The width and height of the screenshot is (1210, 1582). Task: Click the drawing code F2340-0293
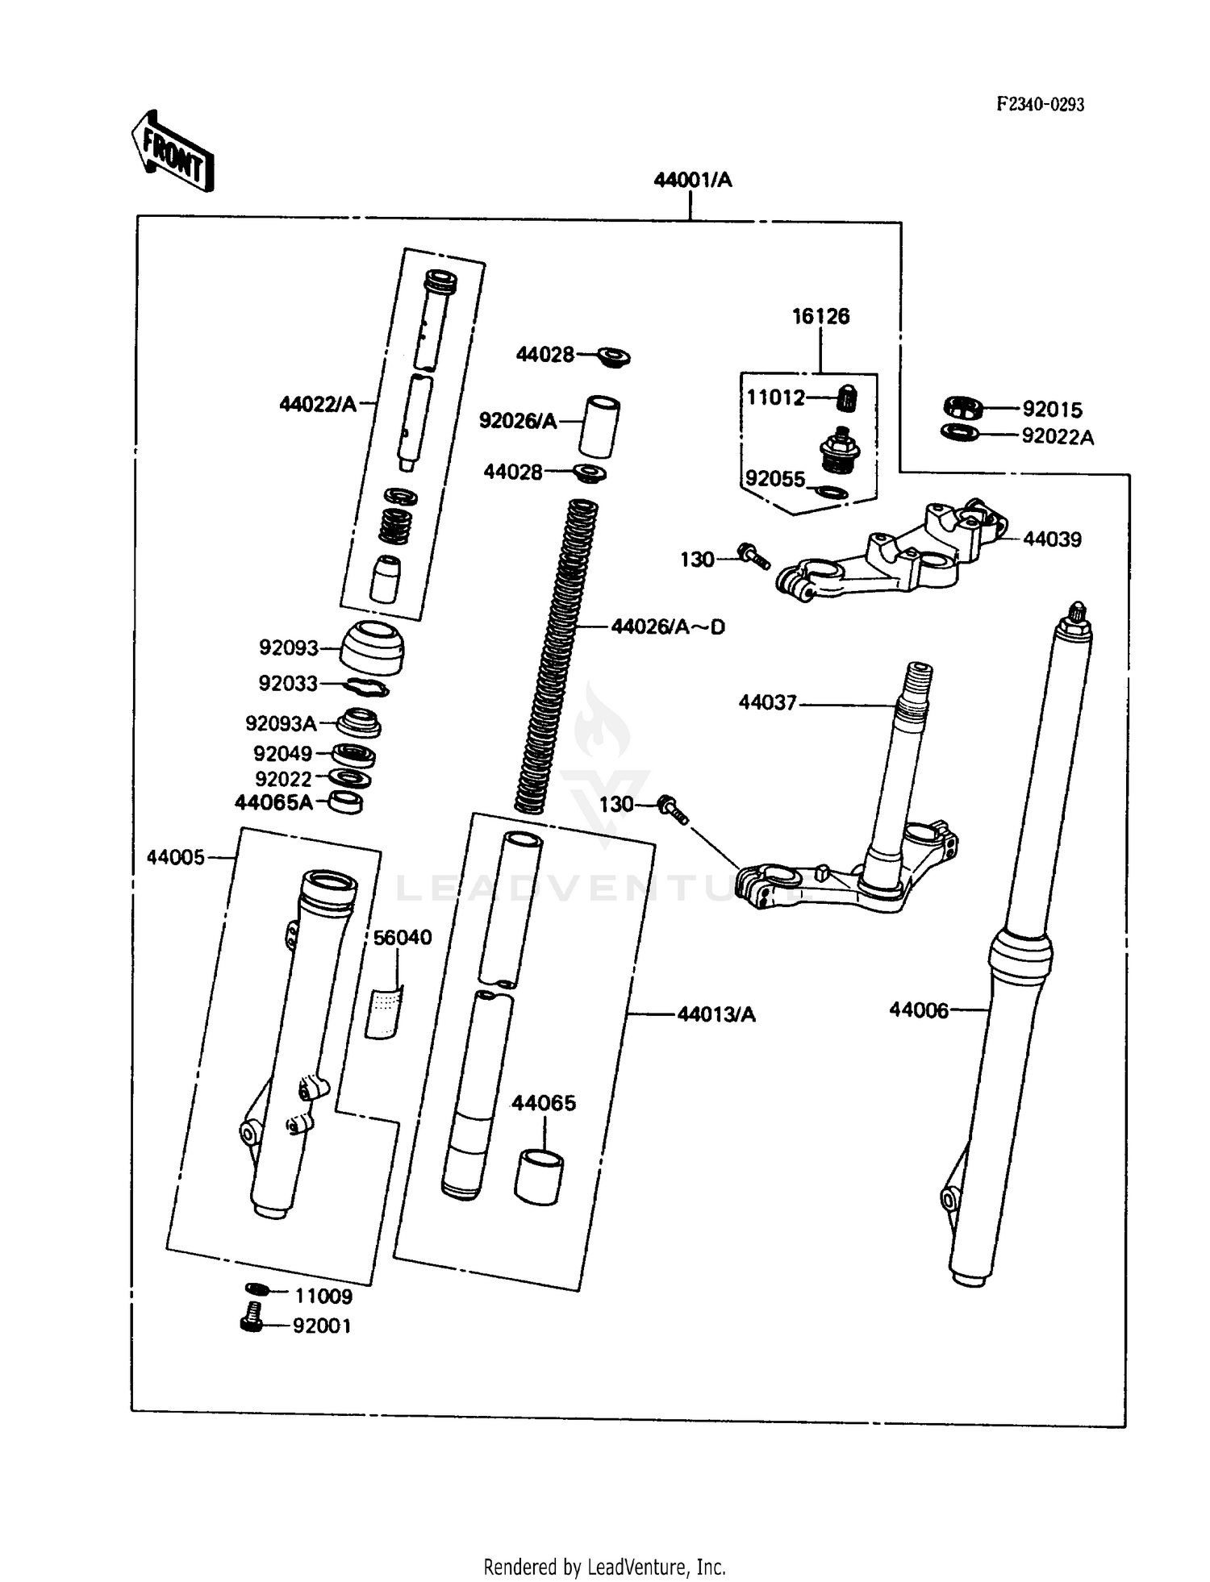pos(1040,105)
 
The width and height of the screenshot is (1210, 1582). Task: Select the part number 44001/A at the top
pos(692,180)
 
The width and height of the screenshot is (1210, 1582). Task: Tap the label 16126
pos(820,316)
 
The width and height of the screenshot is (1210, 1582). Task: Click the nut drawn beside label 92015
pos(962,408)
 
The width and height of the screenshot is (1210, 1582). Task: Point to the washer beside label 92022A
pos(960,433)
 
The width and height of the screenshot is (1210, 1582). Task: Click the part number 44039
pos(1052,539)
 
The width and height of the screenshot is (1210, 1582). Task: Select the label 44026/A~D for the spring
pos(668,627)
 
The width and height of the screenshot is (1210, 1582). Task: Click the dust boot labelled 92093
pos(371,647)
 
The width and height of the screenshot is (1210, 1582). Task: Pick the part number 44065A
pos(273,803)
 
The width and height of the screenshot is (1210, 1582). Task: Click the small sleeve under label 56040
pos(382,1011)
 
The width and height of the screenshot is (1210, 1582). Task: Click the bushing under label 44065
pos(539,1178)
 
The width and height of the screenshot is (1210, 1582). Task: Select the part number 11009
pos(323,1297)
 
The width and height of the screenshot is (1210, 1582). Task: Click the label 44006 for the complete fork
pos(919,1010)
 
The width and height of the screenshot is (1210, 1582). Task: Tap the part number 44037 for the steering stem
pos(767,703)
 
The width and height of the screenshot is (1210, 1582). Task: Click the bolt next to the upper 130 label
pos(753,556)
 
